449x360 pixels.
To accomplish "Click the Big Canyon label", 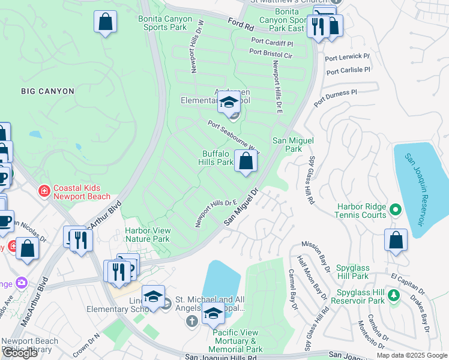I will click(x=47, y=91).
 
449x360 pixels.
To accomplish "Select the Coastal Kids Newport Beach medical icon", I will click(x=44, y=191).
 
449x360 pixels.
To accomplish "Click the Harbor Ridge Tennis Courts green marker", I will click(x=395, y=209).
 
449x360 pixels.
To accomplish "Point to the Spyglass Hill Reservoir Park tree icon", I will click(x=394, y=295).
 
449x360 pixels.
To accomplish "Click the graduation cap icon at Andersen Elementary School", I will click(x=229, y=102).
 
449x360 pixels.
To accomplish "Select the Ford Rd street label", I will click(x=241, y=25).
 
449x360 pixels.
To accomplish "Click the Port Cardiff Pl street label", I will click(x=272, y=43).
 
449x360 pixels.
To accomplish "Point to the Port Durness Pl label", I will click(x=335, y=96).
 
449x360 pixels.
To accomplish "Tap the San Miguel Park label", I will click(x=287, y=144).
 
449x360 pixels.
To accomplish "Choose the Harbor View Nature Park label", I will click(x=147, y=235).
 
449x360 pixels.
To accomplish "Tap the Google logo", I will click(x=20, y=353).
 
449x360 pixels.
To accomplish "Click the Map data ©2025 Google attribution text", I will click(x=411, y=355).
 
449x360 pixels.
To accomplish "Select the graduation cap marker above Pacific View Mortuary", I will click(x=213, y=313).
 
